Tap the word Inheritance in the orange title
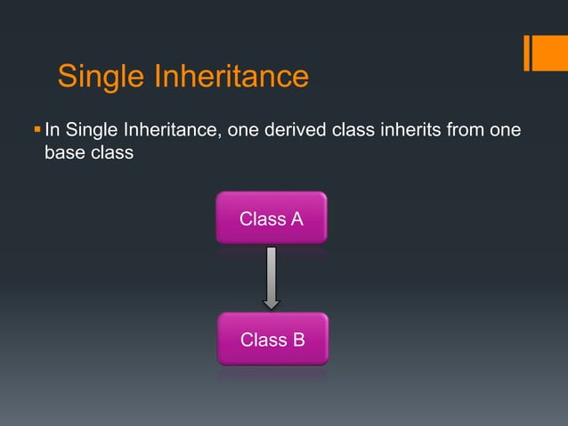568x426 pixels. click(231, 78)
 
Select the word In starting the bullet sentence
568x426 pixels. click(52, 132)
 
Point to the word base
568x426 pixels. click(65, 153)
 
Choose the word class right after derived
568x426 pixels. click(353, 132)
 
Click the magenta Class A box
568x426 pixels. click(272, 217)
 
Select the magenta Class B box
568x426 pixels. click(272, 339)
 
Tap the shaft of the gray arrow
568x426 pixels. click(272, 272)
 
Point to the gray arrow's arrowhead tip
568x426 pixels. click(272, 307)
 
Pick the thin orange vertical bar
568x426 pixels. click(527, 53)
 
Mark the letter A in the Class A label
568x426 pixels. click(296, 218)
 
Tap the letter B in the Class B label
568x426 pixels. click(297, 340)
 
